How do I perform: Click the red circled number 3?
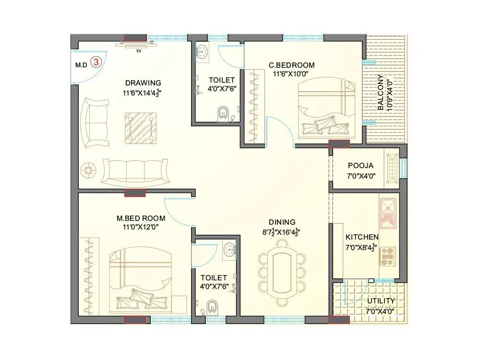pos(96,62)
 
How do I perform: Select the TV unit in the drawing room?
pos(138,45)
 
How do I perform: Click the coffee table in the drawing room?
pos(141,127)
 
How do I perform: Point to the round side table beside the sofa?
pos(88,169)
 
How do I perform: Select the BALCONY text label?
pos(381,93)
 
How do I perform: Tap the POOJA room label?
pos(361,166)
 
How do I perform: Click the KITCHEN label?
pos(362,237)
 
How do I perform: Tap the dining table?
pos(282,273)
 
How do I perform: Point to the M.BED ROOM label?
pos(137,218)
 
